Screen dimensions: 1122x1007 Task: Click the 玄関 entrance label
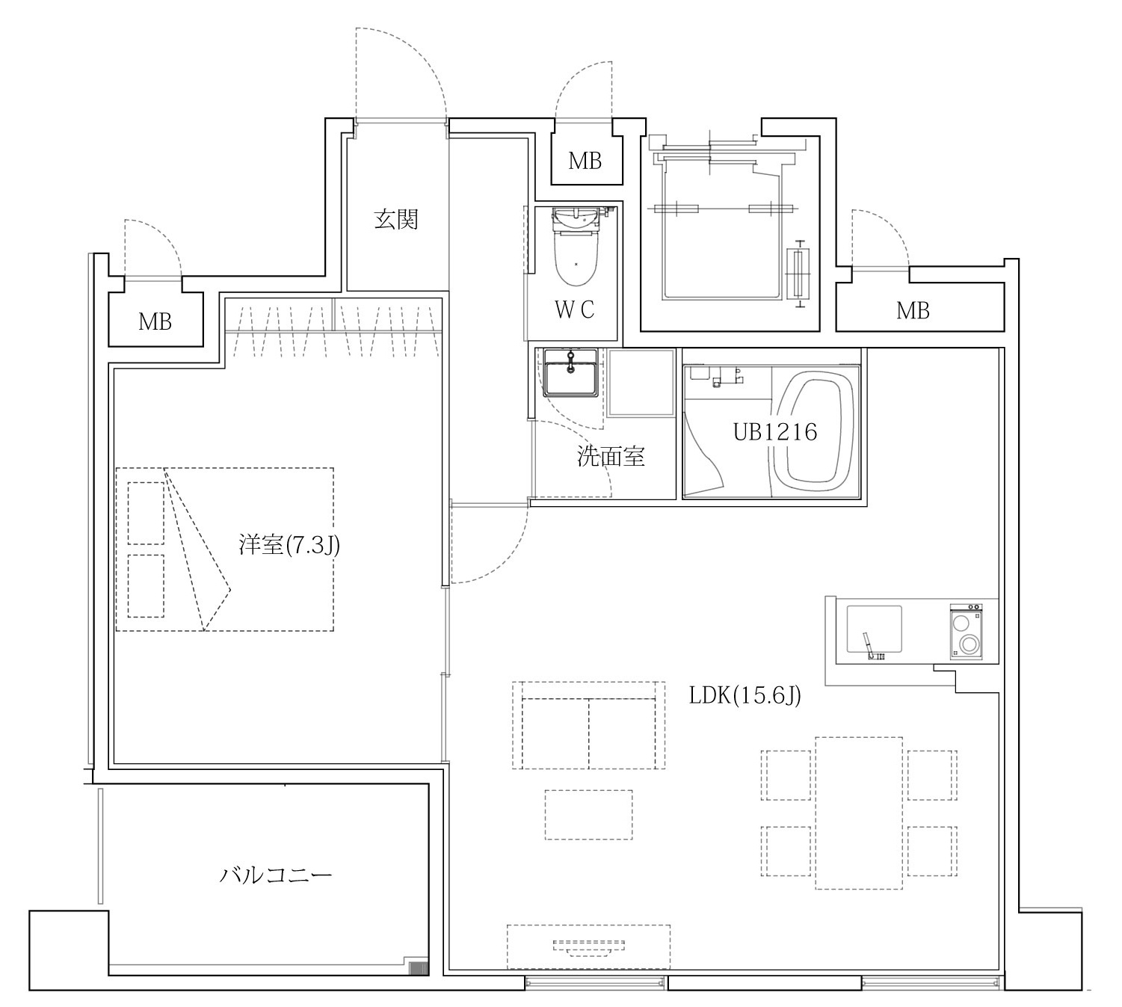click(x=396, y=219)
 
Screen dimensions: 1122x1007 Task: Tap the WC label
click(x=574, y=310)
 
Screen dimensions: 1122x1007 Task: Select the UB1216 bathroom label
click(x=774, y=432)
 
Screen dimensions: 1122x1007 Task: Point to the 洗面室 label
click(x=611, y=457)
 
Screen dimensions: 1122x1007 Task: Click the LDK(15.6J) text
click(x=745, y=696)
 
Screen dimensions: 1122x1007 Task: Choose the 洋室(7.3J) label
click(x=289, y=545)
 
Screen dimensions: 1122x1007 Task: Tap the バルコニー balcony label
click(x=276, y=875)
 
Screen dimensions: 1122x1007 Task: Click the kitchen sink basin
click(x=874, y=629)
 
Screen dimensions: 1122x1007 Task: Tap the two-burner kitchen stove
click(x=967, y=631)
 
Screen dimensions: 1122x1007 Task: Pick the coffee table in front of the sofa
click(x=588, y=814)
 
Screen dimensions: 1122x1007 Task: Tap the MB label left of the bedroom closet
click(x=155, y=321)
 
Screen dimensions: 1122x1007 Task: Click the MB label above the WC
click(x=585, y=161)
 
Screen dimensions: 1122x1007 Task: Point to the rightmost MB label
click(x=913, y=311)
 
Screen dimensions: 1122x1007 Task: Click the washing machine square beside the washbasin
click(x=641, y=382)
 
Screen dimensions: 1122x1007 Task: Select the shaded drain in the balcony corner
click(x=419, y=967)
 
